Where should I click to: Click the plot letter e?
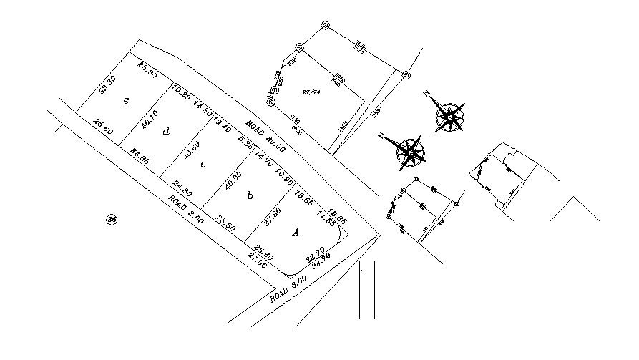126,101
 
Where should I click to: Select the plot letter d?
166,131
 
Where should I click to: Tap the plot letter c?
203,164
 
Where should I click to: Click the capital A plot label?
295,232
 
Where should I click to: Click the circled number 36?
111,220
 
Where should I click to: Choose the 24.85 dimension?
139,157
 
